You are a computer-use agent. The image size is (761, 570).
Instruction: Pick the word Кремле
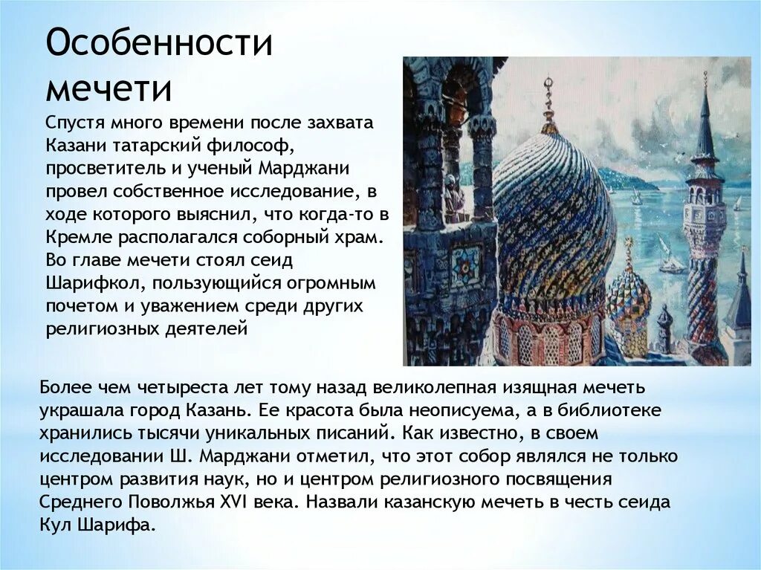click(75, 240)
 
